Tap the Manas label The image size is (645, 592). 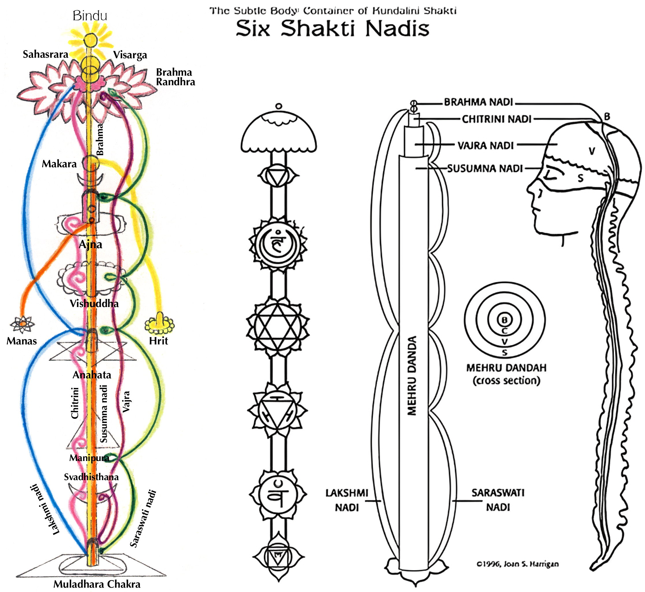pos(22,341)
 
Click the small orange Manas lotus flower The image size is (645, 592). pos(22,324)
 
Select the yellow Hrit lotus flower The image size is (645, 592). pos(159,324)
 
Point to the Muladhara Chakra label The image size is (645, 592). pos(97,584)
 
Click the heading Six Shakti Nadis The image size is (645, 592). pos(332,29)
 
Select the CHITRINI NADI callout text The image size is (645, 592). pos(496,119)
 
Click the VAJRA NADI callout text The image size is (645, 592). pos(486,146)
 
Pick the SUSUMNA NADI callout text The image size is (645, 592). pos(485,168)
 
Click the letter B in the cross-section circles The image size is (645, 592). pos(505,320)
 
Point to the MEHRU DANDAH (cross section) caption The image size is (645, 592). pos(506,374)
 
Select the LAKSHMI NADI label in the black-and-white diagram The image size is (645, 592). pos(347,500)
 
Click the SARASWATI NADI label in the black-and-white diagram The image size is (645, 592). pos(498,500)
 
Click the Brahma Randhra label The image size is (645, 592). pos(175,77)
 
